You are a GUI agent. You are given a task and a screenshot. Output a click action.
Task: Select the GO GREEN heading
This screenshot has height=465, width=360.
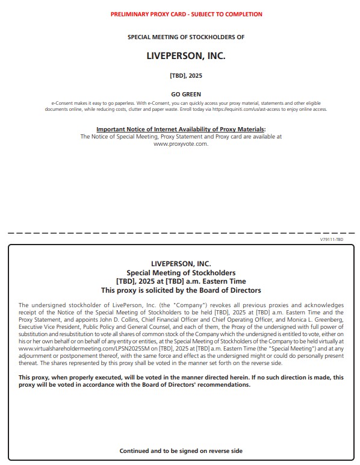tap(186, 94)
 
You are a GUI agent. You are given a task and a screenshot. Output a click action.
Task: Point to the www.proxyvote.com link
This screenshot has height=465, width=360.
tap(181, 144)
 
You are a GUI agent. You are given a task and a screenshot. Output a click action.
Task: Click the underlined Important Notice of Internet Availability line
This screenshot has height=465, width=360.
tap(181, 129)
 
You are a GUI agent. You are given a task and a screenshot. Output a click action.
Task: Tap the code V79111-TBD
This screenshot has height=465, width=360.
tap(332, 239)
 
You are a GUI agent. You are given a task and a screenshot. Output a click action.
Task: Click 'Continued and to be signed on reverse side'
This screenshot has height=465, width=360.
tap(181, 451)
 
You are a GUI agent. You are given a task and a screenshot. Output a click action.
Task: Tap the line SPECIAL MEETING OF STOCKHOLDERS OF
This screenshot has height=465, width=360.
tap(186, 37)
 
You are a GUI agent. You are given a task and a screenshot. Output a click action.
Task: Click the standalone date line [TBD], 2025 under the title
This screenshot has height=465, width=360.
tap(185, 76)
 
